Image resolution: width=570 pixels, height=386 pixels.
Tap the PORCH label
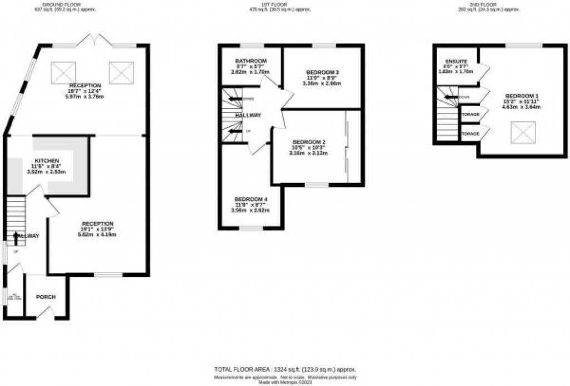46,297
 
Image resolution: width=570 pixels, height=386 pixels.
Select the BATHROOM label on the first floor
250,60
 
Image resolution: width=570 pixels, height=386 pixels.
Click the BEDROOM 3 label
322,72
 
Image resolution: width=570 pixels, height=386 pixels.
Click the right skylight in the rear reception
119,72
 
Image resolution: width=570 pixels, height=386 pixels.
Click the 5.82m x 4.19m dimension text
97,234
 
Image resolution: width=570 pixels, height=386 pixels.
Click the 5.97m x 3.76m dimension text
85,97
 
